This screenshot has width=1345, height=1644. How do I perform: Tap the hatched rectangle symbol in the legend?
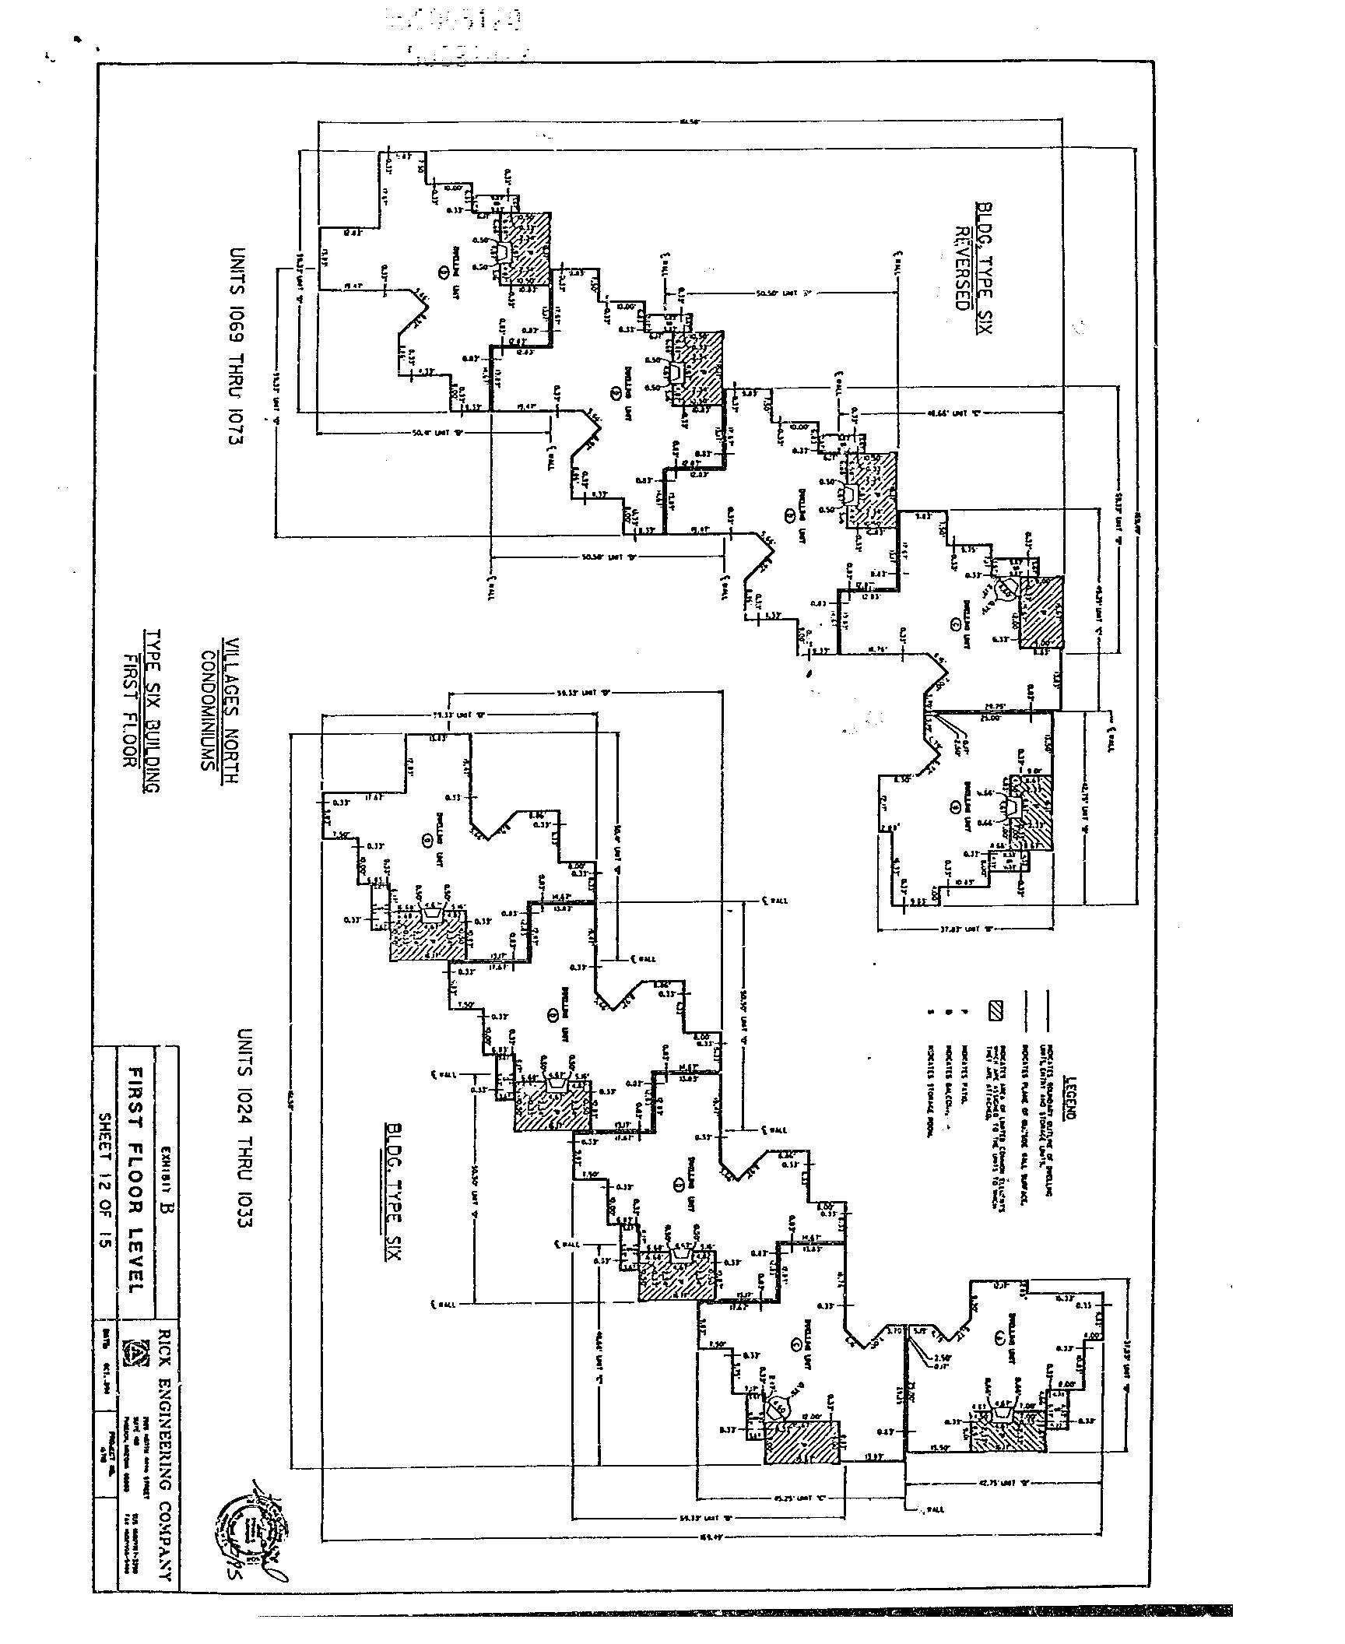(x=996, y=1011)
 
